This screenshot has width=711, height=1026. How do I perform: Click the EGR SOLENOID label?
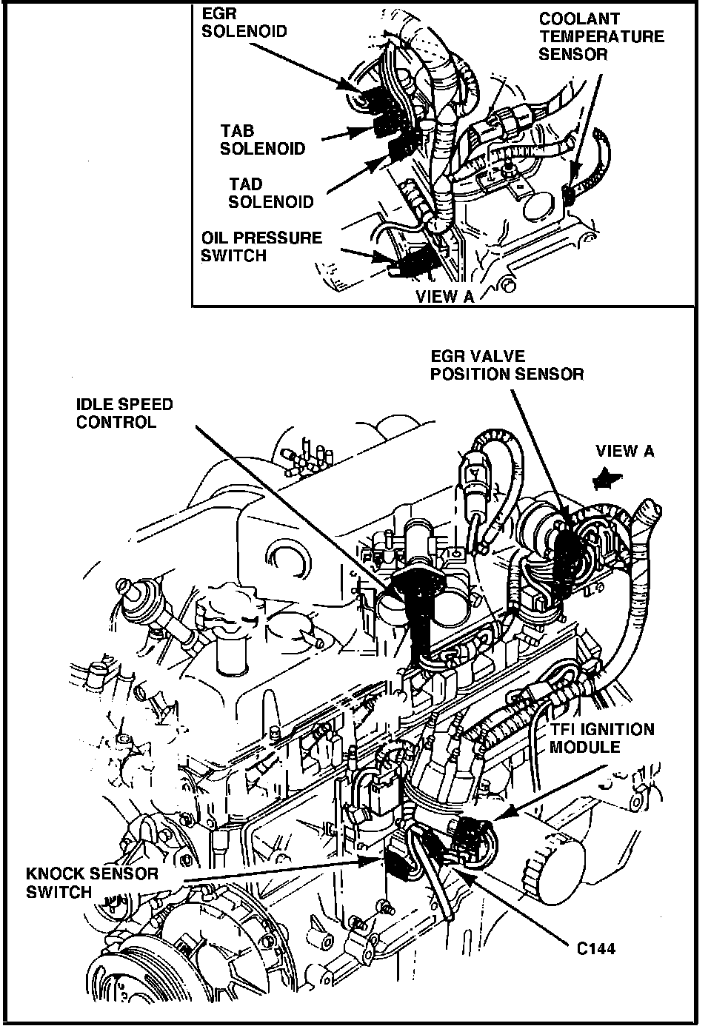pyautogui.click(x=244, y=23)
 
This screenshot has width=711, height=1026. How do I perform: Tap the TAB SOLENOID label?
pyautogui.click(x=262, y=140)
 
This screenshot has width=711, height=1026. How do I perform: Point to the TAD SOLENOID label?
pyautogui.click(x=270, y=192)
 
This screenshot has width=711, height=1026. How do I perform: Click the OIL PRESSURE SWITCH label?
pyautogui.click(x=261, y=247)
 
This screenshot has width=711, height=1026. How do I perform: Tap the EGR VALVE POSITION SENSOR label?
pyautogui.click(x=507, y=366)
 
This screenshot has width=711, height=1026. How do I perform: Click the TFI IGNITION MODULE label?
pyautogui.click(x=601, y=738)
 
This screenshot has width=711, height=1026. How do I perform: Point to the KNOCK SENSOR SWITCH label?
pyautogui.click(x=92, y=882)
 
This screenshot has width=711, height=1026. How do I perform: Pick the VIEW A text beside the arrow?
pyautogui.click(x=625, y=451)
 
